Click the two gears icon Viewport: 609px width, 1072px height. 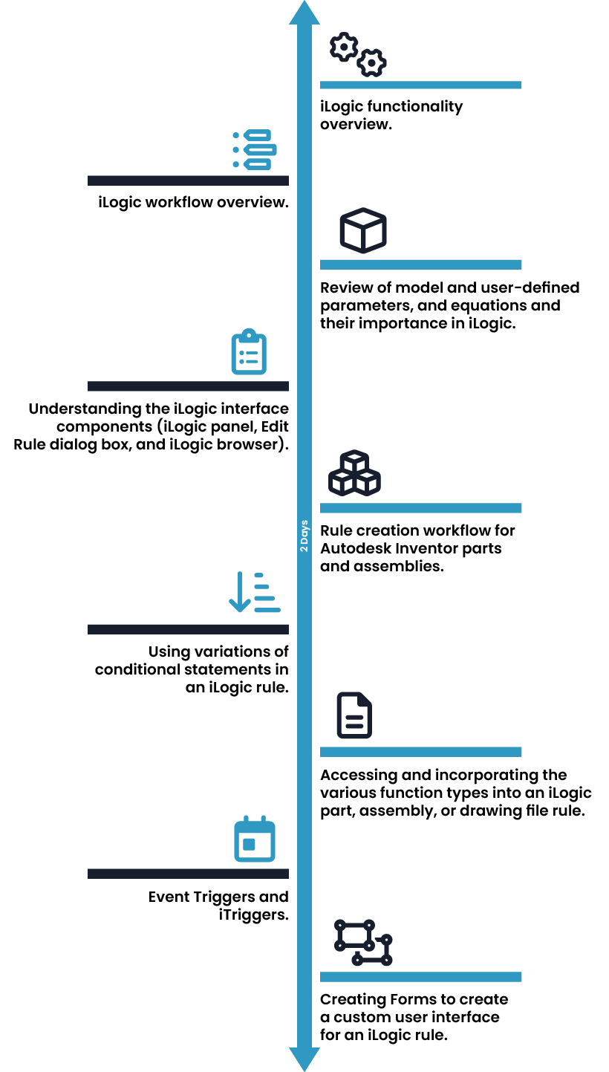tap(358, 54)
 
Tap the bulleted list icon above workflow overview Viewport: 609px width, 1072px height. tap(255, 149)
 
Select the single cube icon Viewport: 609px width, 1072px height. tap(363, 230)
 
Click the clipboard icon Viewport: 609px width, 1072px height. tap(249, 351)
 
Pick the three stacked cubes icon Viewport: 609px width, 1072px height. tap(354, 472)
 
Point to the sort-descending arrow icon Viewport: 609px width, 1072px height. tap(255, 592)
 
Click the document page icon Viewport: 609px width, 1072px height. tap(354, 715)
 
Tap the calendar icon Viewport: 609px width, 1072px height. tap(255, 839)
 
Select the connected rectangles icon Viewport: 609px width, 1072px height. tap(363, 942)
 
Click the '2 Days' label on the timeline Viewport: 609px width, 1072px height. tap(304, 536)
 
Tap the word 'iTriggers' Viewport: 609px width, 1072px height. tap(254, 915)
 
